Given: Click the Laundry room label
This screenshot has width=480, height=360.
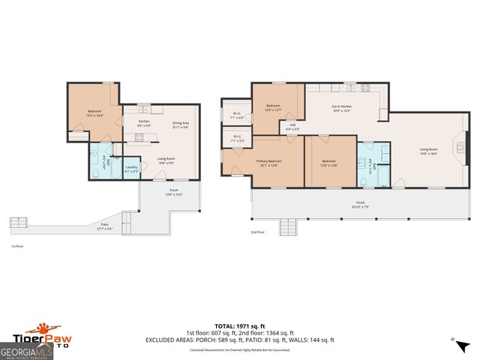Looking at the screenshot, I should [130, 169].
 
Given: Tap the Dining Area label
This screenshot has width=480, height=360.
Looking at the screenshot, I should [180, 124].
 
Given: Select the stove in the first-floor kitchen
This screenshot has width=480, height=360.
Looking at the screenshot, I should [139, 136].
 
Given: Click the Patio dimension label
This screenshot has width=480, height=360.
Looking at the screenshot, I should [105, 226].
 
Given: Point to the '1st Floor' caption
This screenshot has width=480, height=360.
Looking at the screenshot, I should [16, 246].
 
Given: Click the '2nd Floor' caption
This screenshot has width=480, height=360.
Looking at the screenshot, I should [256, 232].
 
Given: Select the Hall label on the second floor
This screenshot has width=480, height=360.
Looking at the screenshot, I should [292, 127].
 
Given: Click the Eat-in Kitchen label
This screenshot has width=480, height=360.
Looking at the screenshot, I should [342, 108].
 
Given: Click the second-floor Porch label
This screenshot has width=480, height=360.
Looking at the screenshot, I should [361, 204].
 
